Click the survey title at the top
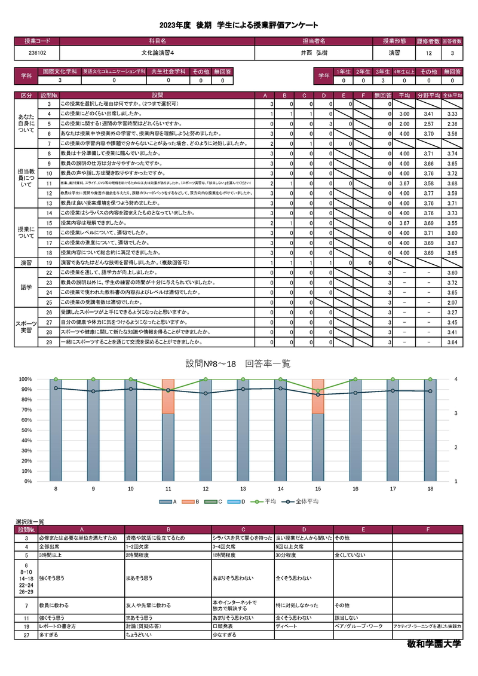238,25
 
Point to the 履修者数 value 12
428,53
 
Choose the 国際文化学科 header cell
59,71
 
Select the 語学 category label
26,288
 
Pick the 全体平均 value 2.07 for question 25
452,302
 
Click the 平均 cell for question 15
404,222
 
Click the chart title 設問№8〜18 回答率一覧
238,363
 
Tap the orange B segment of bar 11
168,396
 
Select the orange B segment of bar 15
318,396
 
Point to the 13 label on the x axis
243,488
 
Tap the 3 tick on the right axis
455,413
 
